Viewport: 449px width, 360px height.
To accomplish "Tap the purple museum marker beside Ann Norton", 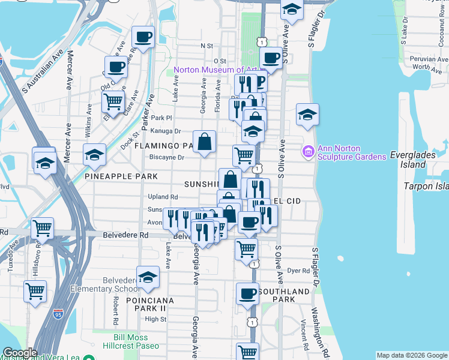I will [x=309, y=152].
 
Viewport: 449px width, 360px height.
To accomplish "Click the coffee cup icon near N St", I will [x=143, y=37].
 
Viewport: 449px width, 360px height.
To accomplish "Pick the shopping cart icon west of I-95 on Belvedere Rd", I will [x=42, y=228].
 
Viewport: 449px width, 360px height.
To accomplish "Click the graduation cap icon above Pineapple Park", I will [x=94, y=155].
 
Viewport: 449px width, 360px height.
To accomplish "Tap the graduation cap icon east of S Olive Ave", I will [x=307, y=115].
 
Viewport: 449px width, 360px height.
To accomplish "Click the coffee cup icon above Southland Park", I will [x=247, y=293].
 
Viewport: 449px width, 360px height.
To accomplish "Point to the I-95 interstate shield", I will [x=58, y=313].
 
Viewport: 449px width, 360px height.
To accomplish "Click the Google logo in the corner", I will [x=20, y=353].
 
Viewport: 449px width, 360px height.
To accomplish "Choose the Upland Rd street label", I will [x=163, y=197].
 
